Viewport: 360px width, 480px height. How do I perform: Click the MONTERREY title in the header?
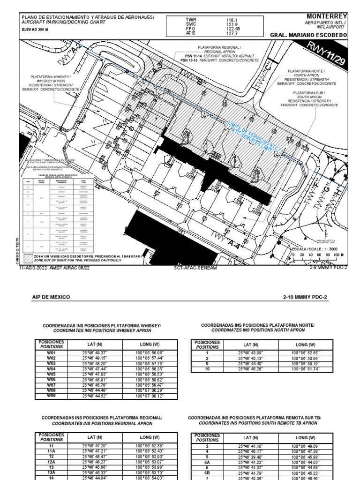pos(327,17)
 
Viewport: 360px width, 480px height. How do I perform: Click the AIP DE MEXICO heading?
pos(51,297)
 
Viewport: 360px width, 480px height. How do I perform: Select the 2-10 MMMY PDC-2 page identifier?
pos(306,297)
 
